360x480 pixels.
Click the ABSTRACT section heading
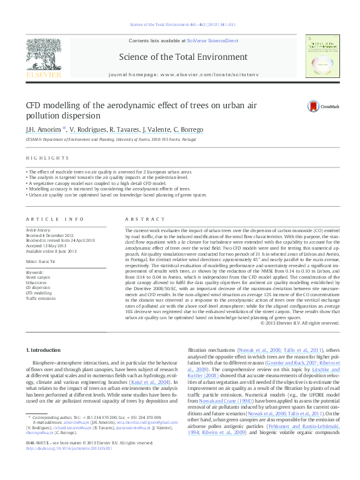tap(140, 218)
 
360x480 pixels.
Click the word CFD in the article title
tap(33, 105)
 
